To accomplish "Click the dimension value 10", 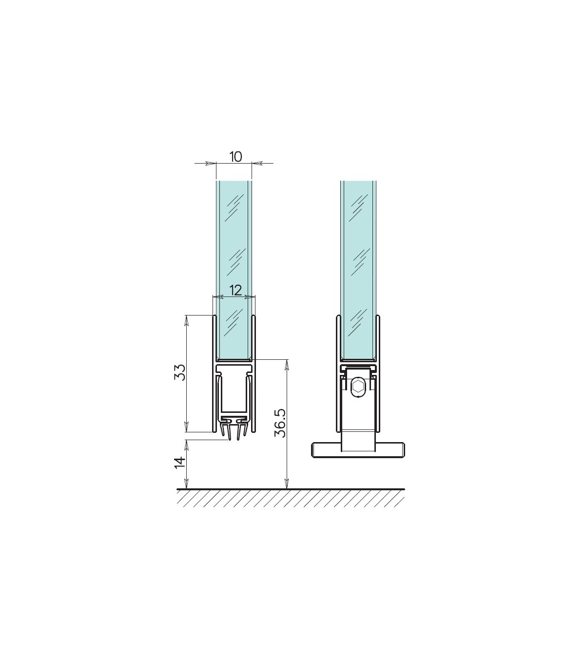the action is click(x=235, y=157).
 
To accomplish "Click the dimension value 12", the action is click(x=235, y=290).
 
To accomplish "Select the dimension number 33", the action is click(x=179, y=372).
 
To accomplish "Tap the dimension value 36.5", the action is click(x=280, y=423).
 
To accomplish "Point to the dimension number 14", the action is click(x=180, y=463).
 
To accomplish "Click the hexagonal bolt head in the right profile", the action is click(x=358, y=387).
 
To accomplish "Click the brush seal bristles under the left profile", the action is click(x=234, y=430).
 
